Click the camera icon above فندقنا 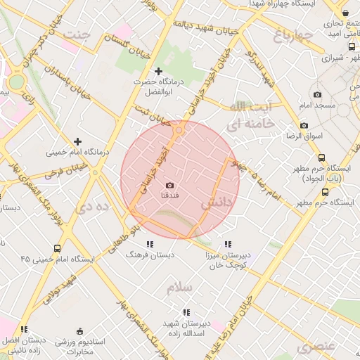pos(169,184)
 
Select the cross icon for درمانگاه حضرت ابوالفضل pos(158,71)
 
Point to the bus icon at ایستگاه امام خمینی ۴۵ pos(57,248)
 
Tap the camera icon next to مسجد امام pos(317,95)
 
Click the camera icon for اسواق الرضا pos(304,125)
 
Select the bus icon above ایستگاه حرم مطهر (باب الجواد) pos(321,158)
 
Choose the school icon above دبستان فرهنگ pos(149,244)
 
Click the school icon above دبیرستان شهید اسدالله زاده pos(186,312)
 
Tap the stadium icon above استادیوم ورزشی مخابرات pos(79,331)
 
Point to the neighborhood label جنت pos(77,33)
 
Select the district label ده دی pos(93,207)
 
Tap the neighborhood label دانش pos(217,203)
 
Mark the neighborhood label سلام pos(180,288)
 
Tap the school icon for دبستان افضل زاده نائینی pos(24,328)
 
